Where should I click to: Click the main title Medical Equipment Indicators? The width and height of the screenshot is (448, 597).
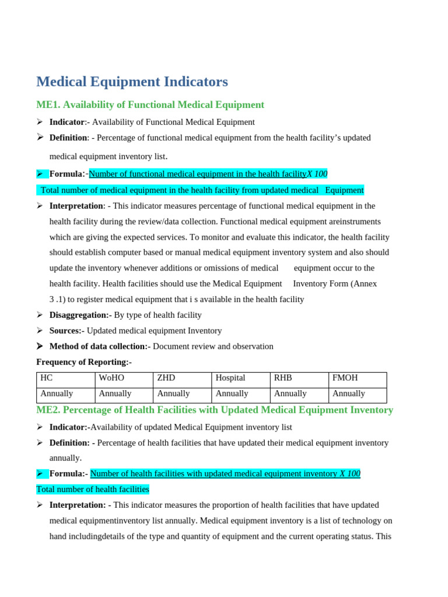pyautogui.click(x=132, y=82)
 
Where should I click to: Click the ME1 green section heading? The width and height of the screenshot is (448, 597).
pyautogui.click(x=150, y=105)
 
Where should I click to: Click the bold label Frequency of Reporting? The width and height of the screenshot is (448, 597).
pyautogui.click(x=84, y=362)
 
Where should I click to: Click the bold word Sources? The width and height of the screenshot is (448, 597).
pyautogui.click(x=66, y=331)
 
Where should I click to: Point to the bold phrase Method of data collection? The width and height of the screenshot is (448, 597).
pyautogui.click(x=100, y=347)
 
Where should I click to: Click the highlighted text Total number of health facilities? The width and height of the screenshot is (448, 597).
pyautogui.click(x=93, y=490)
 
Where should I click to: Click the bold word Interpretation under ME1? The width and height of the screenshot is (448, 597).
pyautogui.click(x=76, y=206)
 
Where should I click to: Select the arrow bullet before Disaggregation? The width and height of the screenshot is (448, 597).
pyautogui.click(x=40, y=315)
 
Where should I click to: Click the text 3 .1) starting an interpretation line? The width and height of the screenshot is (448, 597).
pyautogui.click(x=58, y=300)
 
